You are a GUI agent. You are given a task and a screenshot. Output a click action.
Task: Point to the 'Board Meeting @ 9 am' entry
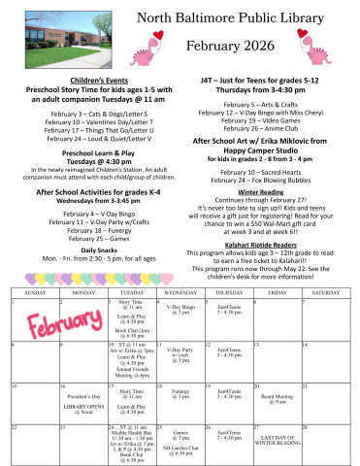(278, 398)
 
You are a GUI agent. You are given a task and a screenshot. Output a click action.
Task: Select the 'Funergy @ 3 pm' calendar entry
(180, 394)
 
